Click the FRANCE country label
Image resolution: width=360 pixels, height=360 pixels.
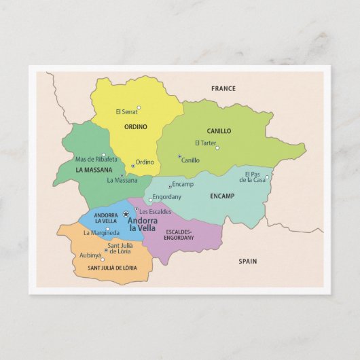coord(223,88)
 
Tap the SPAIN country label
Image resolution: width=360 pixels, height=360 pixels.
coord(249,261)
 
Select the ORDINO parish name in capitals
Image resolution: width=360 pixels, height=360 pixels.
coord(136,126)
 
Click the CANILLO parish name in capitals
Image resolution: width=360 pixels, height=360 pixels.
coord(219,131)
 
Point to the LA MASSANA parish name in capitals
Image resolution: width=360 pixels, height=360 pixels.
coord(94,170)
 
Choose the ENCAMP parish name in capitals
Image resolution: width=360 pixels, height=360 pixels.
coord(222,196)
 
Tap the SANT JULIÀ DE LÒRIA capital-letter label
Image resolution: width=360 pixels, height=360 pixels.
coord(112,268)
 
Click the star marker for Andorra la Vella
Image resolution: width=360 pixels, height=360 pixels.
coord(126,213)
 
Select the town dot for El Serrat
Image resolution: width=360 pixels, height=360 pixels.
coord(139,107)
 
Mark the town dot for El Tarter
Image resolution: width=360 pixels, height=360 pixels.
coord(217,147)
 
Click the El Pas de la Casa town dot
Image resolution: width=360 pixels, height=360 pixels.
coord(267,177)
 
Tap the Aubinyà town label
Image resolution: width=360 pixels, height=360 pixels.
coord(90,255)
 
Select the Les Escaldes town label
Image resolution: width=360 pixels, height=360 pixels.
coord(156,211)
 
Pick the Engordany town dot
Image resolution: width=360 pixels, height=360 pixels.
coord(150,200)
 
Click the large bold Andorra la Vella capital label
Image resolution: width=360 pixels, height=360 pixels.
coord(143,223)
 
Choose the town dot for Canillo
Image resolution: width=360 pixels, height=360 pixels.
coord(179,157)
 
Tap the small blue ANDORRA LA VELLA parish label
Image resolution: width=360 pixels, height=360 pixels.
coord(106,218)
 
